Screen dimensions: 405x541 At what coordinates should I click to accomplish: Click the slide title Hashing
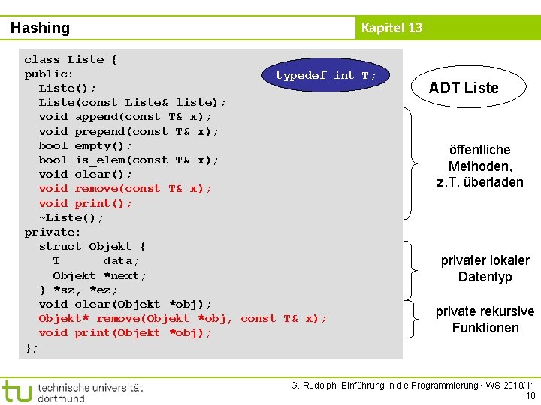[40, 28]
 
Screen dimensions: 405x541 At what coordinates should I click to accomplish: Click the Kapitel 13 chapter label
[391, 28]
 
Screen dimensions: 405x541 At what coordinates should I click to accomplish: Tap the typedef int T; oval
[325, 75]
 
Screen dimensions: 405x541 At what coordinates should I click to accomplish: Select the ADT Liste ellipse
[464, 88]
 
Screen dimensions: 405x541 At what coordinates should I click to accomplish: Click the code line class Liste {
[71, 59]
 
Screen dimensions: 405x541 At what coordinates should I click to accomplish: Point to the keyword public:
[49, 74]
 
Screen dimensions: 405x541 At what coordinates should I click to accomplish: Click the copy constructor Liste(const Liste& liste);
[132, 103]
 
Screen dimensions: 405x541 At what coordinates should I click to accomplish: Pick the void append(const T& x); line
[125, 117]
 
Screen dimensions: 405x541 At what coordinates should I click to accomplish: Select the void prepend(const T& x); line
[129, 131]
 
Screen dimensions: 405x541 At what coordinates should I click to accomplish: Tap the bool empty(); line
[86, 145]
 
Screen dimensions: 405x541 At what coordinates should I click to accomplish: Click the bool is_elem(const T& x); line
[129, 160]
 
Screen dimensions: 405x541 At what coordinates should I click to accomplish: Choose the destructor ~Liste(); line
[71, 217]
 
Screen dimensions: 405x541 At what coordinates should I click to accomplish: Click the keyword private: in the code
[53, 232]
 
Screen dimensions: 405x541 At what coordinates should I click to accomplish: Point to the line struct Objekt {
[92, 246]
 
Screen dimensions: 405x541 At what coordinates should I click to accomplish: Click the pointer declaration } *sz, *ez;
[79, 289]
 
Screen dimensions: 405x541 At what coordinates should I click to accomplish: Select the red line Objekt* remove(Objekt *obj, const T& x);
[183, 318]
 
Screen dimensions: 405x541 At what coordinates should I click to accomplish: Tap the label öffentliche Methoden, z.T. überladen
[480, 166]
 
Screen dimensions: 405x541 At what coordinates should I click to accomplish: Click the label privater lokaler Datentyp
[485, 268]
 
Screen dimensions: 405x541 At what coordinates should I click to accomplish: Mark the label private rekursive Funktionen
[485, 319]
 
